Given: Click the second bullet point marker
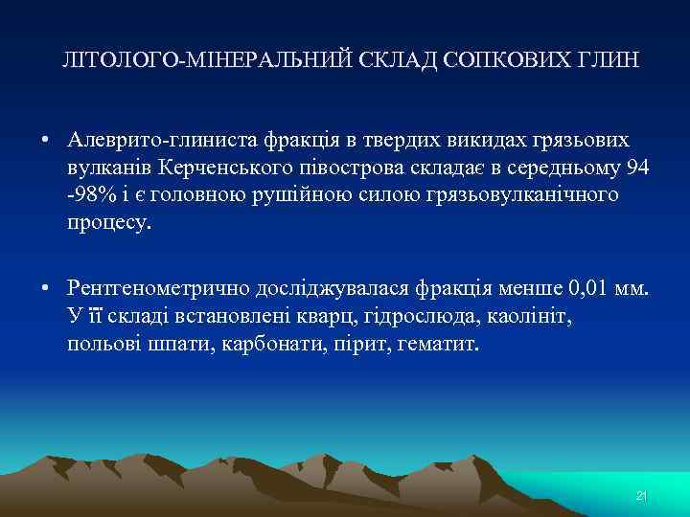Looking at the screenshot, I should [x=46, y=288].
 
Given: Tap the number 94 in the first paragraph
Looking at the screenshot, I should [x=636, y=169].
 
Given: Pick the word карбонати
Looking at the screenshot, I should [x=257, y=343].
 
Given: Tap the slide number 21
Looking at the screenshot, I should [x=642, y=496].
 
